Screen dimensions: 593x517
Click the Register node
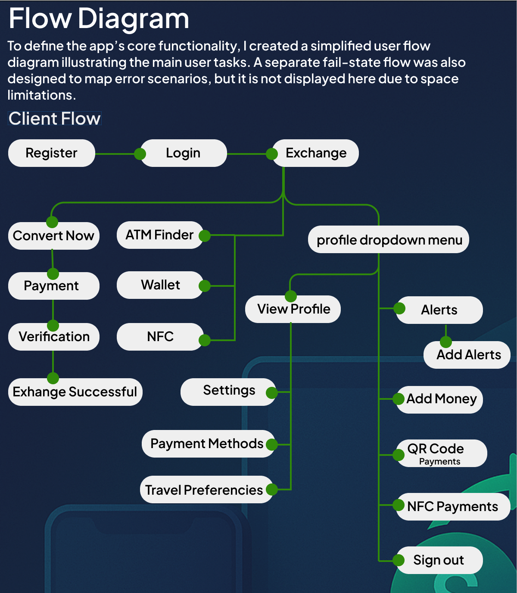coord(51,153)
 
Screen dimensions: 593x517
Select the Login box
coord(184,153)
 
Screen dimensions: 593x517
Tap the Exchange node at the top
coord(316,153)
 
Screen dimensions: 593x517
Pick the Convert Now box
coord(54,236)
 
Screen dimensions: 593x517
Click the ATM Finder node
coord(159,235)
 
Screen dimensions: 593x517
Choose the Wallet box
coord(160,285)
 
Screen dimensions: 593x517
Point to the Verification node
coord(54,337)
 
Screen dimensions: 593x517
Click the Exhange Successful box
coord(75,392)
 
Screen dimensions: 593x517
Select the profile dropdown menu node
coord(389,240)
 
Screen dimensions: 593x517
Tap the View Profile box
coord(293,309)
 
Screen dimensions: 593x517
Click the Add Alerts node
coord(468,355)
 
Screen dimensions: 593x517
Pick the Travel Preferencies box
coord(204,490)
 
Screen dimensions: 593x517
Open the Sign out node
coord(439,560)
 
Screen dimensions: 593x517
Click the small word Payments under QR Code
coord(439,462)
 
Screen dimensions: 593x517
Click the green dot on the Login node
coord(140,154)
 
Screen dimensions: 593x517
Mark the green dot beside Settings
coord(271,392)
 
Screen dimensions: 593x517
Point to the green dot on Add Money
coord(399,398)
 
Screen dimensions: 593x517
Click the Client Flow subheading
coord(55,119)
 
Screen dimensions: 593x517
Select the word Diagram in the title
coord(134,19)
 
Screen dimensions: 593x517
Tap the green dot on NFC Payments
coord(399,505)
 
